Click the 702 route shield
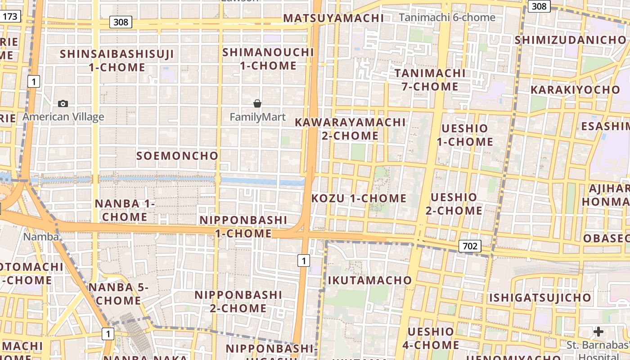(x=470, y=246)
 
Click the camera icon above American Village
(x=63, y=104)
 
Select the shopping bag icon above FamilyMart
(x=257, y=104)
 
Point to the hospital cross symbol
(x=598, y=332)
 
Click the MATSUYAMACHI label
(x=333, y=18)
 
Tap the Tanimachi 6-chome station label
(x=447, y=18)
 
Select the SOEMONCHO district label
(x=177, y=156)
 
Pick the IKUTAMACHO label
(x=369, y=280)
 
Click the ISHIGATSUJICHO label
(x=540, y=298)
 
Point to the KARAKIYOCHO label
(x=575, y=90)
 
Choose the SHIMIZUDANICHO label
(x=571, y=40)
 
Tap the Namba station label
(x=41, y=237)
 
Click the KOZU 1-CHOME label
(x=359, y=198)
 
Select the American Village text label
(x=63, y=117)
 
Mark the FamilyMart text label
(x=257, y=117)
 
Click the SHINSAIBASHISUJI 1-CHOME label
(x=117, y=61)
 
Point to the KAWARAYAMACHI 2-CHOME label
(x=350, y=129)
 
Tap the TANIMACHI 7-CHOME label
(x=430, y=80)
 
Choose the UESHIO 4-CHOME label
(x=431, y=338)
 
